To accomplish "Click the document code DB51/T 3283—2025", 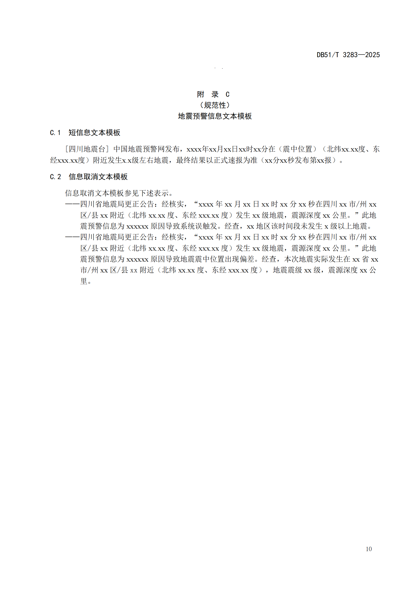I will pyautogui.click(x=348, y=55).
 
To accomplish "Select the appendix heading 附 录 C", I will pyautogui.click(x=213, y=94).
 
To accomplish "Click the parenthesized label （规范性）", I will pyautogui.click(x=215, y=105).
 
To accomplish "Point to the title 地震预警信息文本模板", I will pyautogui.click(x=215, y=116).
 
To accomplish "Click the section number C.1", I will pyautogui.click(x=55, y=133).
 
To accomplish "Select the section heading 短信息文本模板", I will pyautogui.click(x=94, y=133).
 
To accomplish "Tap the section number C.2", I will pyautogui.click(x=55, y=177).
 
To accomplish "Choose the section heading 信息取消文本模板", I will pyautogui.click(x=98, y=177).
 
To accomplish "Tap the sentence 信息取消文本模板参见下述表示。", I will pyautogui.click(x=119, y=193).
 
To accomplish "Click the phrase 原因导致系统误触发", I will pyautogui.click(x=184, y=226).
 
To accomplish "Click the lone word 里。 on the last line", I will pyautogui.click(x=86, y=281).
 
